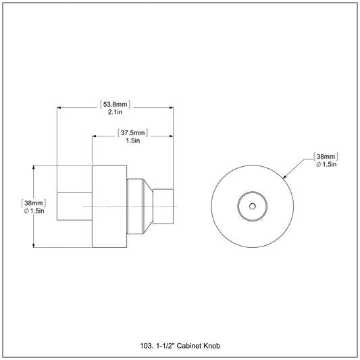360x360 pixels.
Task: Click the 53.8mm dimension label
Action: (115, 105)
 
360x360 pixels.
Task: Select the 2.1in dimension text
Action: (115, 112)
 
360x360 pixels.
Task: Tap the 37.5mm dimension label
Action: (132, 133)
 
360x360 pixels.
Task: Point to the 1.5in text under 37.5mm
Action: (132, 140)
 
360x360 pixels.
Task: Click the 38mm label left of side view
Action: (34, 203)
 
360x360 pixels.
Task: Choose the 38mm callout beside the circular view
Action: (326, 157)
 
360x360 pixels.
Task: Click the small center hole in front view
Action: (253, 206)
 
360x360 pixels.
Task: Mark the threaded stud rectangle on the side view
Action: (74, 207)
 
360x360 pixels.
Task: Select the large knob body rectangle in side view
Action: (109, 206)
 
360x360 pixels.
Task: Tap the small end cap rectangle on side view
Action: (163, 206)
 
